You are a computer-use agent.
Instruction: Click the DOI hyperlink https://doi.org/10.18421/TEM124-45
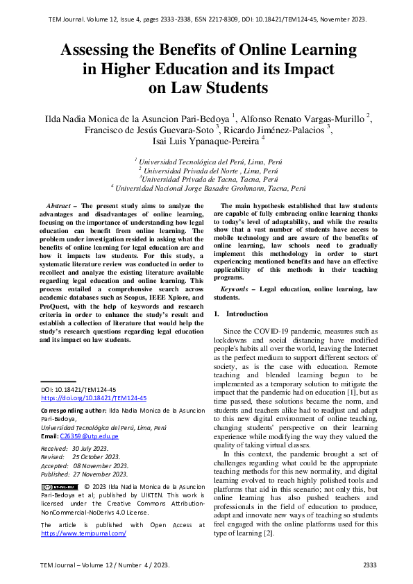tap(94, 398)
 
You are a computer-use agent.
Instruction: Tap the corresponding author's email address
tap(89, 436)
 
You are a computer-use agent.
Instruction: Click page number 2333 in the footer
tap(369, 565)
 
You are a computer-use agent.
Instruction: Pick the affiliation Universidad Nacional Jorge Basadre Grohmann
tap(210, 188)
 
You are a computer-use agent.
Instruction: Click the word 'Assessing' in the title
tap(101, 51)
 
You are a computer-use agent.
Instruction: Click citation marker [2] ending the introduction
tap(269, 533)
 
